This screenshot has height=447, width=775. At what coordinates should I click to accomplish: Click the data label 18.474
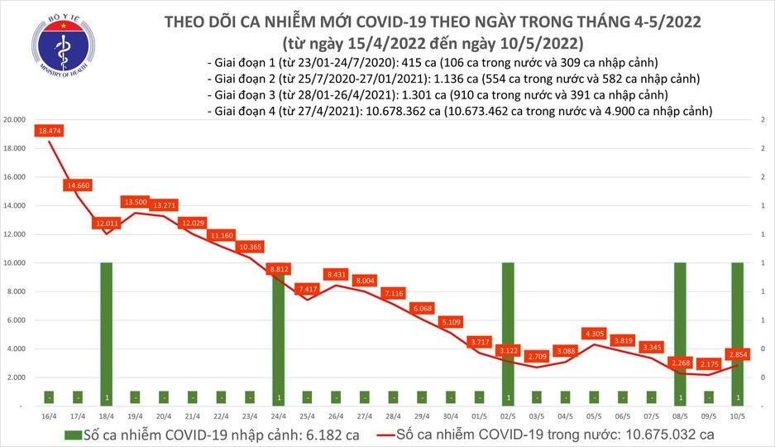(49, 131)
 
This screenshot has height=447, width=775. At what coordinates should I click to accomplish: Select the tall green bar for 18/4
(106, 331)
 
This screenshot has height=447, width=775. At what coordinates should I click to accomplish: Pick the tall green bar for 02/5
(507, 331)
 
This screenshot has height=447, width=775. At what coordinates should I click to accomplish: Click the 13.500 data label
(135, 201)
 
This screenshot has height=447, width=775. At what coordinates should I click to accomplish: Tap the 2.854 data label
(737, 353)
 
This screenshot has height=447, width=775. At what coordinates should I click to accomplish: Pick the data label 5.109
(450, 321)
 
